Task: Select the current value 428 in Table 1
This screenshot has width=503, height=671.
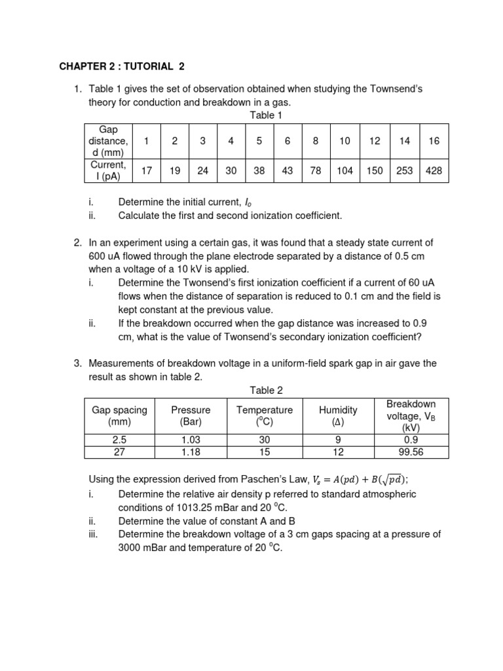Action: click(x=433, y=170)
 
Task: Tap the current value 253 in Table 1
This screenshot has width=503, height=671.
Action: click(x=404, y=170)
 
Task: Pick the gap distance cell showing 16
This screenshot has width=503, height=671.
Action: click(x=433, y=141)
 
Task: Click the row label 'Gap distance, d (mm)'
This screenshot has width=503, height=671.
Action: click(x=108, y=141)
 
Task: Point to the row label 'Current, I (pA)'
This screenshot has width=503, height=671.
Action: click(x=108, y=170)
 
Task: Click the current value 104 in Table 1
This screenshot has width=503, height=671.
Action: click(x=345, y=170)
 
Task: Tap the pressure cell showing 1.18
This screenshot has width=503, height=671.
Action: click(x=186, y=452)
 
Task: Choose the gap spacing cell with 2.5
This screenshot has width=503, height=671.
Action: click(x=119, y=440)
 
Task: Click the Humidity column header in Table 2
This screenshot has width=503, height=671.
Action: click(x=338, y=415)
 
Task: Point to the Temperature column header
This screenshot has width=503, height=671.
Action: click(x=264, y=415)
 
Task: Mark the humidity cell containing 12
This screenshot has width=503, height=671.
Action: click(x=338, y=452)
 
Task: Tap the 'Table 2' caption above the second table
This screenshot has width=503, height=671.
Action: click(x=266, y=390)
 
